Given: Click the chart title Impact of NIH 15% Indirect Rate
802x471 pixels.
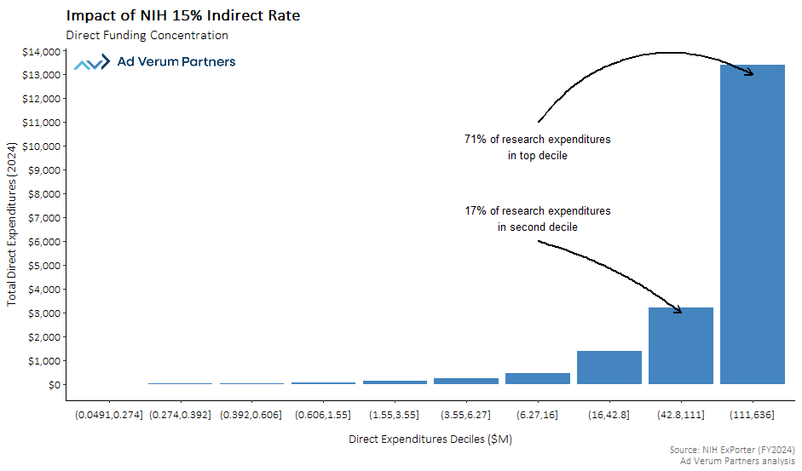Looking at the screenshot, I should (x=182, y=16).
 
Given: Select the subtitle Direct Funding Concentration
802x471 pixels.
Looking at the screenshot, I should (x=147, y=36).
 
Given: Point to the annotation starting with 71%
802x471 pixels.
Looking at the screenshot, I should (x=537, y=147).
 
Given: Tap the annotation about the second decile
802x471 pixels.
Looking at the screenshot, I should (x=537, y=219).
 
